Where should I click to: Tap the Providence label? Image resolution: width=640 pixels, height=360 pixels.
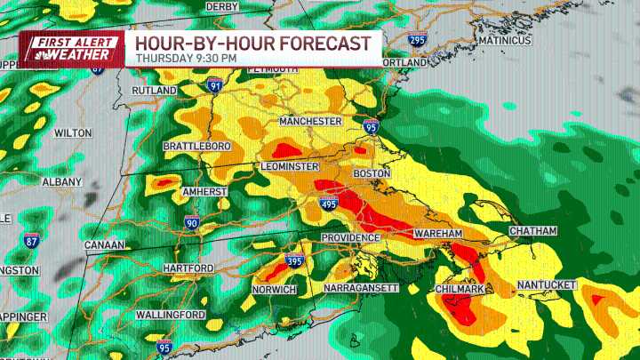350,238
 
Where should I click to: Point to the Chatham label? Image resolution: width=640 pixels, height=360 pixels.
532,231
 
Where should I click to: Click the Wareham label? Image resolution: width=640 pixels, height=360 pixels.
438,233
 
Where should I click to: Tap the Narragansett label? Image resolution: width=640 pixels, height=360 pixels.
360,289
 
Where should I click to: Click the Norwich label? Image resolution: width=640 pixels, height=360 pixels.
275,290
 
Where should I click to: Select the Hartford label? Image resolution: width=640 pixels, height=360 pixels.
188,268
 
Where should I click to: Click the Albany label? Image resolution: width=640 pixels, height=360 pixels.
60,181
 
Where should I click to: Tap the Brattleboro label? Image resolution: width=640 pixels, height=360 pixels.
197,146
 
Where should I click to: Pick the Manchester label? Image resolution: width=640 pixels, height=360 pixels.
310,121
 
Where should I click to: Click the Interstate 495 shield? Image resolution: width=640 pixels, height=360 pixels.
328,204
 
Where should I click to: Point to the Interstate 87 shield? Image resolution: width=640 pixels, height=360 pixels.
31,241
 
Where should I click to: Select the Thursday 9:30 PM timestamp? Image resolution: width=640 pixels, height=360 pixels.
186,59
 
